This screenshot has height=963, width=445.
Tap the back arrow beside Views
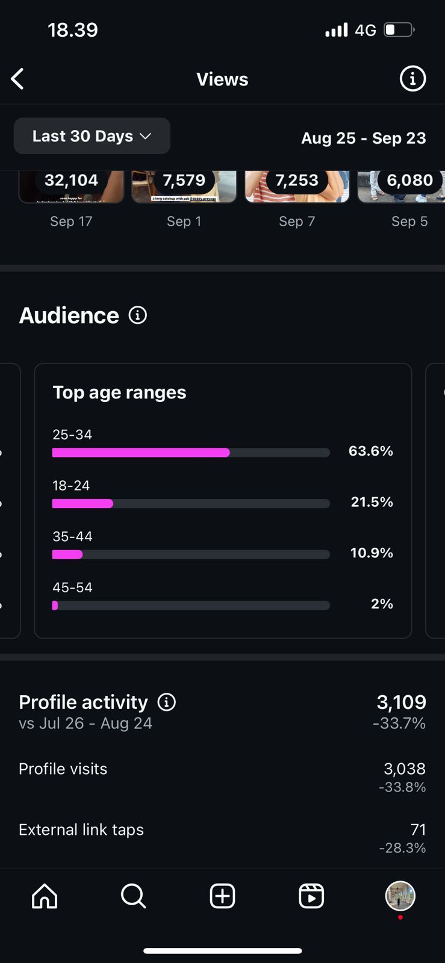(18, 79)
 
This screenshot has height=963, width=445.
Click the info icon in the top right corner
(412, 79)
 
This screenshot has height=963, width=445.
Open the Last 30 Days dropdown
(92, 136)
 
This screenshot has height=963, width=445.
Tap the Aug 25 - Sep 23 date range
(363, 138)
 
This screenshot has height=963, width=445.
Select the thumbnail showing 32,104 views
(71, 186)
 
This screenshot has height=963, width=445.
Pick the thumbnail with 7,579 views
(184, 186)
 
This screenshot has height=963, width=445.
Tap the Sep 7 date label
(297, 221)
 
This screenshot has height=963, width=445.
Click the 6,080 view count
(409, 180)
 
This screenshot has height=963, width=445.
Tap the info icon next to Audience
(138, 315)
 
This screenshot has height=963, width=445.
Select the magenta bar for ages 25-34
(141, 453)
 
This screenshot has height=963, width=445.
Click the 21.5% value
(372, 502)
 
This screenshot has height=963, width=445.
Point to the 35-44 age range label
(72, 536)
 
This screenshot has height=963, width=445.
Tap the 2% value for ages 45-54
(382, 604)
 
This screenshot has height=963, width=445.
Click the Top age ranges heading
(119, 392)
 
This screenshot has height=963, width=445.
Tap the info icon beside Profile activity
(167, 702)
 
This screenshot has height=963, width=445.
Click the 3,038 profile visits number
(404, 769)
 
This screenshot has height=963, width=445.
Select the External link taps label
(81, 829)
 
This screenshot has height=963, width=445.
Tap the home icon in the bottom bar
(45, 896)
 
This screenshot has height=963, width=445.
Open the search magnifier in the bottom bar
(133, 896)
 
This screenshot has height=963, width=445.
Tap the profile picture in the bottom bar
(400, 896)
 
